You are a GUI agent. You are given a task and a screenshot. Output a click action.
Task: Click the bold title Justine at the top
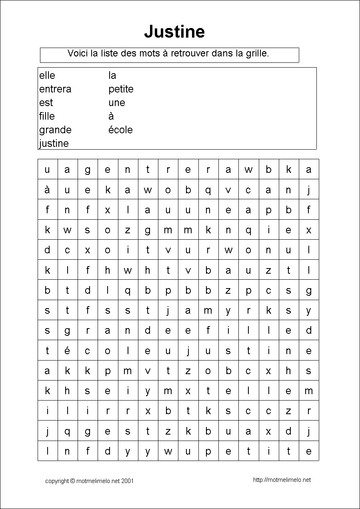click(x=174, y=31)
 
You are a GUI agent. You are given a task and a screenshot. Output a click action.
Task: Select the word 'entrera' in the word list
click(x=55, y=89)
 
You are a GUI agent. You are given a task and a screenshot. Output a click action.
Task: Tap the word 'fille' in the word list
click(x=47, y=116)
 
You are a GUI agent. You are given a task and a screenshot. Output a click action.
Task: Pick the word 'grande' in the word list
click(x=55, y=130)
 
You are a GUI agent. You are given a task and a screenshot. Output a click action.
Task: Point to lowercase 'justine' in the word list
click(x=54, y=143)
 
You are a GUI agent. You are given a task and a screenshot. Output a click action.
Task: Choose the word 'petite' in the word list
click(x=121, y=89)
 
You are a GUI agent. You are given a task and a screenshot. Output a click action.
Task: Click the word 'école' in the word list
click(x=120, y=130)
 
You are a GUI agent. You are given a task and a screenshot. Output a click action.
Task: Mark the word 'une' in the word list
click(x=117, y=102)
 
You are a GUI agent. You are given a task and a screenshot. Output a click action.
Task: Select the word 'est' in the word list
click(x=46, y=102)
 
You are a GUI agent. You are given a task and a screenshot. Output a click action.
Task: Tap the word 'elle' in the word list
click(x=47, y=75)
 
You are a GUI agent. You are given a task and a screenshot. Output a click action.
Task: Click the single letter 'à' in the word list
click(x=111, y=116)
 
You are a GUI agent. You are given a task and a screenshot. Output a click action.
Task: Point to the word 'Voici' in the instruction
click(x=78, y=53)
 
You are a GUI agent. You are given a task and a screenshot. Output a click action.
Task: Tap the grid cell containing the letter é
click(x=67, y=351)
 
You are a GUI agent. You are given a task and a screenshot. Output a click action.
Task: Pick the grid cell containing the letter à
click(x=47, y=190)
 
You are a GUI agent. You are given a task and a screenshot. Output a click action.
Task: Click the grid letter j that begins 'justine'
click(x=188, y=351)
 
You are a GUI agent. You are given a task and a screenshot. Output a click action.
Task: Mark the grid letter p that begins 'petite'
click(x=208, y=451)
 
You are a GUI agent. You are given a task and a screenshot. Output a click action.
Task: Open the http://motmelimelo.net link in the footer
click(x=282, y=480)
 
